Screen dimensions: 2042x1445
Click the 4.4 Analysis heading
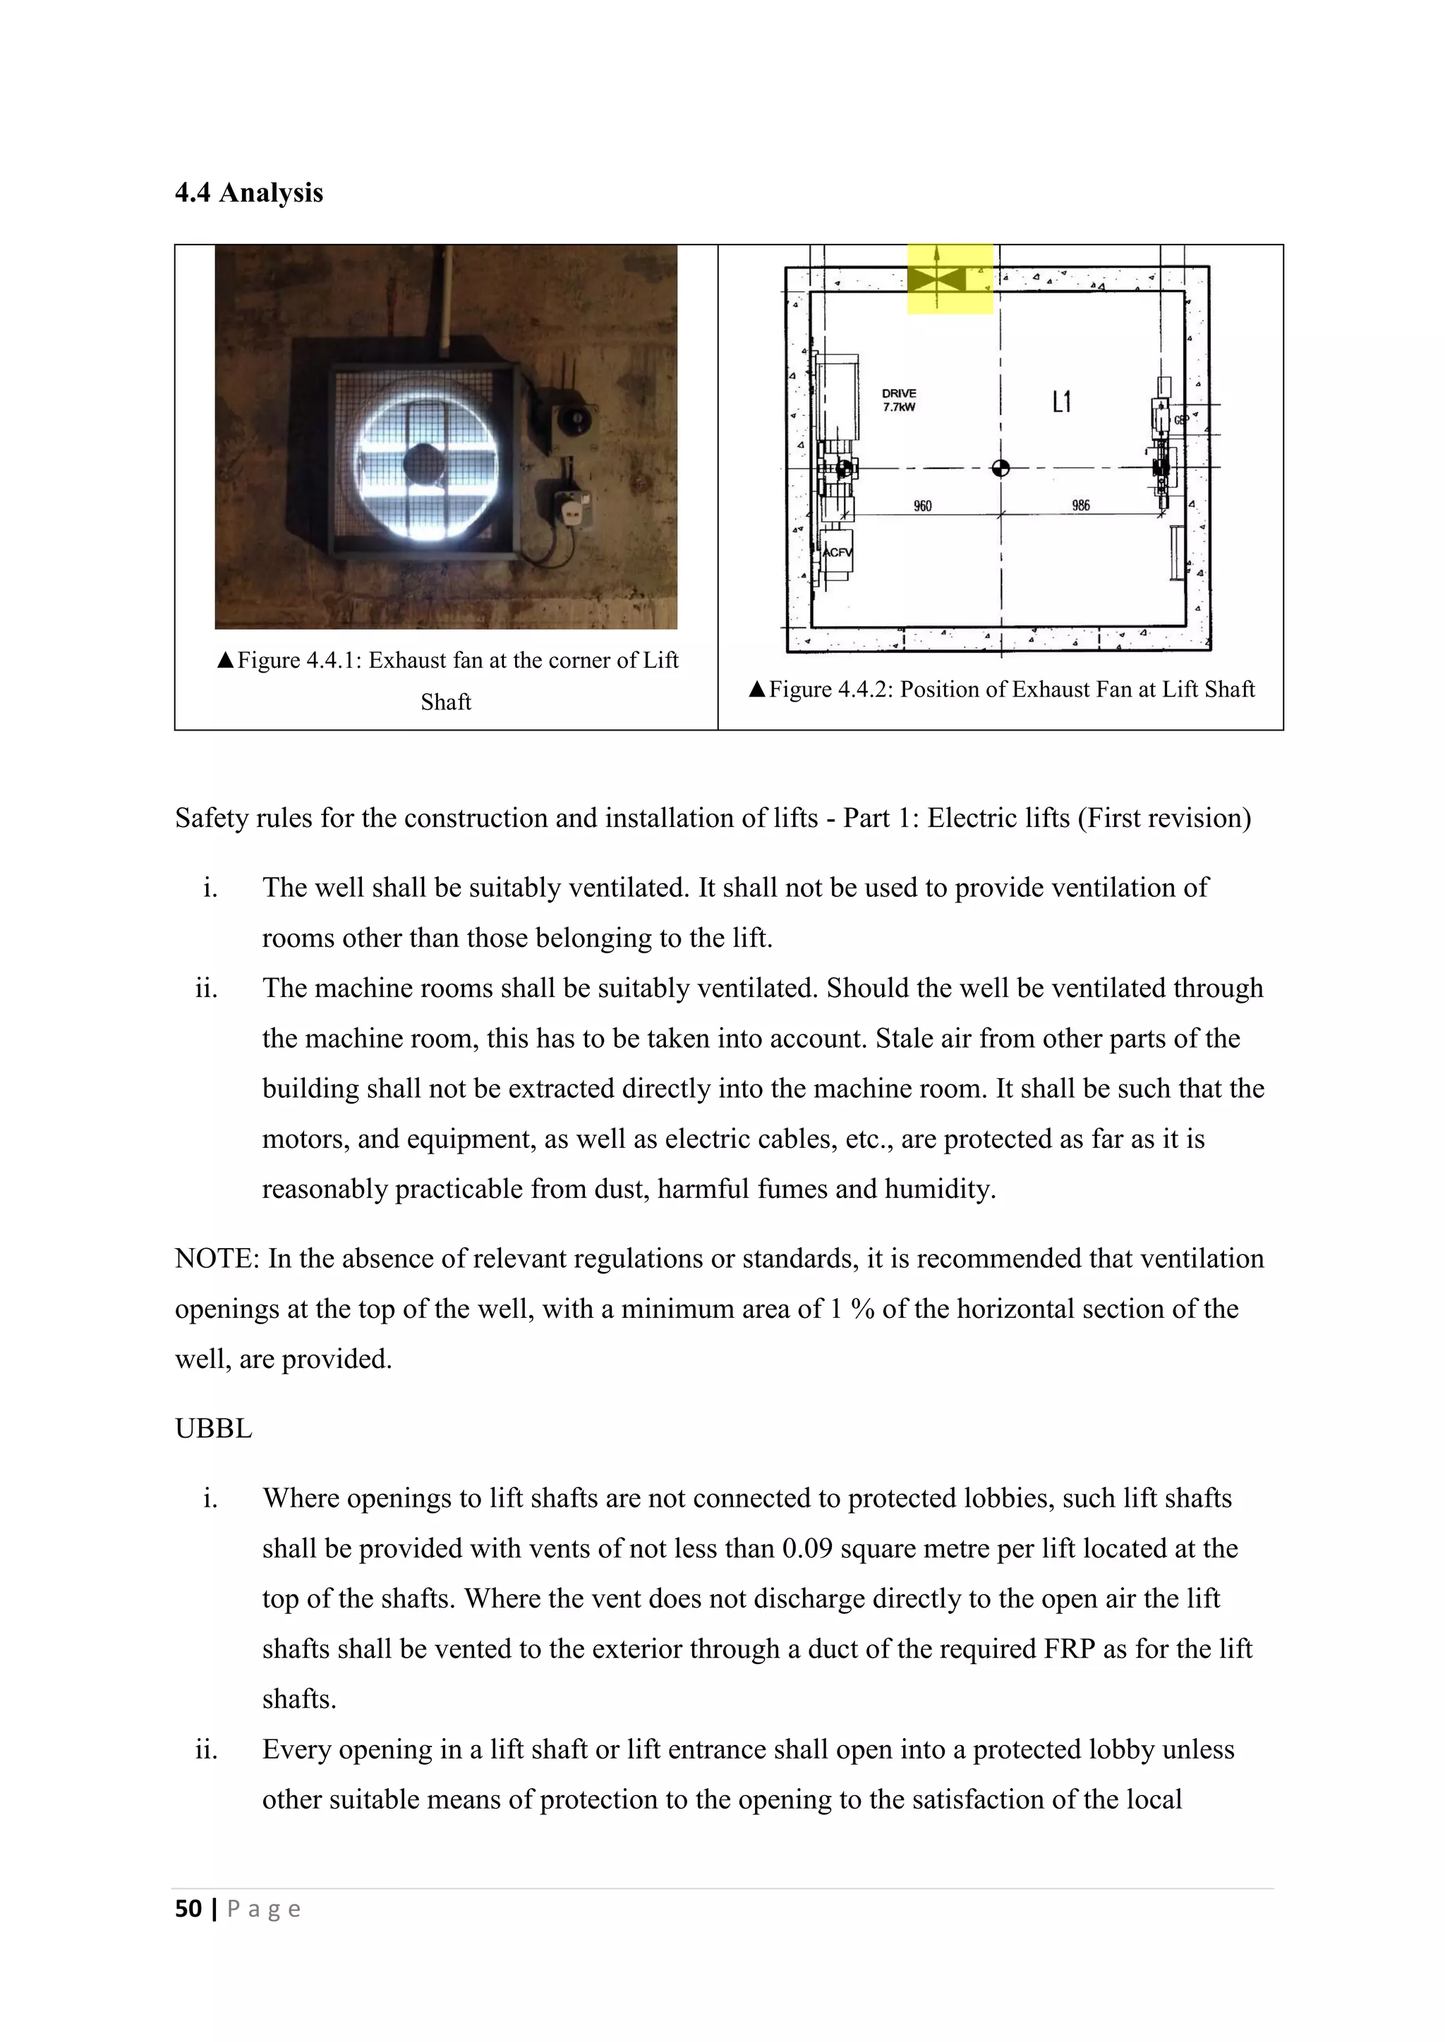click(248, 193)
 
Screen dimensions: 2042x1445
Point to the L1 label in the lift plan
click(1061, 403)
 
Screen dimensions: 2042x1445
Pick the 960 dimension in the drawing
click(923, 506)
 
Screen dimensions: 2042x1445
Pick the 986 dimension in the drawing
click(1080, 505)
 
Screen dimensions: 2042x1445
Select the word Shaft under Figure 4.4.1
click(446, 702)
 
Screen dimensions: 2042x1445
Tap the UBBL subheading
click(214, 1429)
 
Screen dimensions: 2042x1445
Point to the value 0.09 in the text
click(807, 1548)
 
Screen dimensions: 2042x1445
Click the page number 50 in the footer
click(188, 1909)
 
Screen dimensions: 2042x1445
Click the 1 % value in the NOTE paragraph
click(852, 1309)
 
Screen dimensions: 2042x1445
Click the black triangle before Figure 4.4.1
click(225, 660)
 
